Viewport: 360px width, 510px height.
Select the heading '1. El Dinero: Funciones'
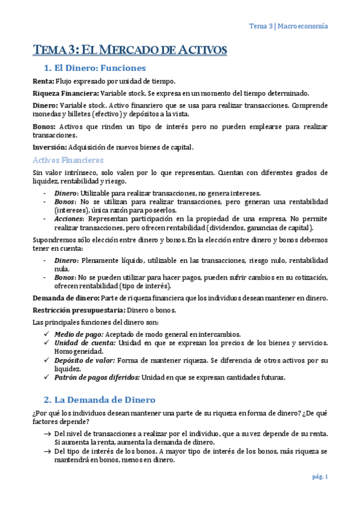[x=94, y=68]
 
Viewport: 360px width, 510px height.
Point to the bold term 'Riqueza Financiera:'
[x=66, y=93]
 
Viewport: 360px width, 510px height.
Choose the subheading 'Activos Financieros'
[x=68, y=160]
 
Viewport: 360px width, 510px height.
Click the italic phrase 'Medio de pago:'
[x=79, y=334]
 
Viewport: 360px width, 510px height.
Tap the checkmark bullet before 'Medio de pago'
[x=47, y=334]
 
